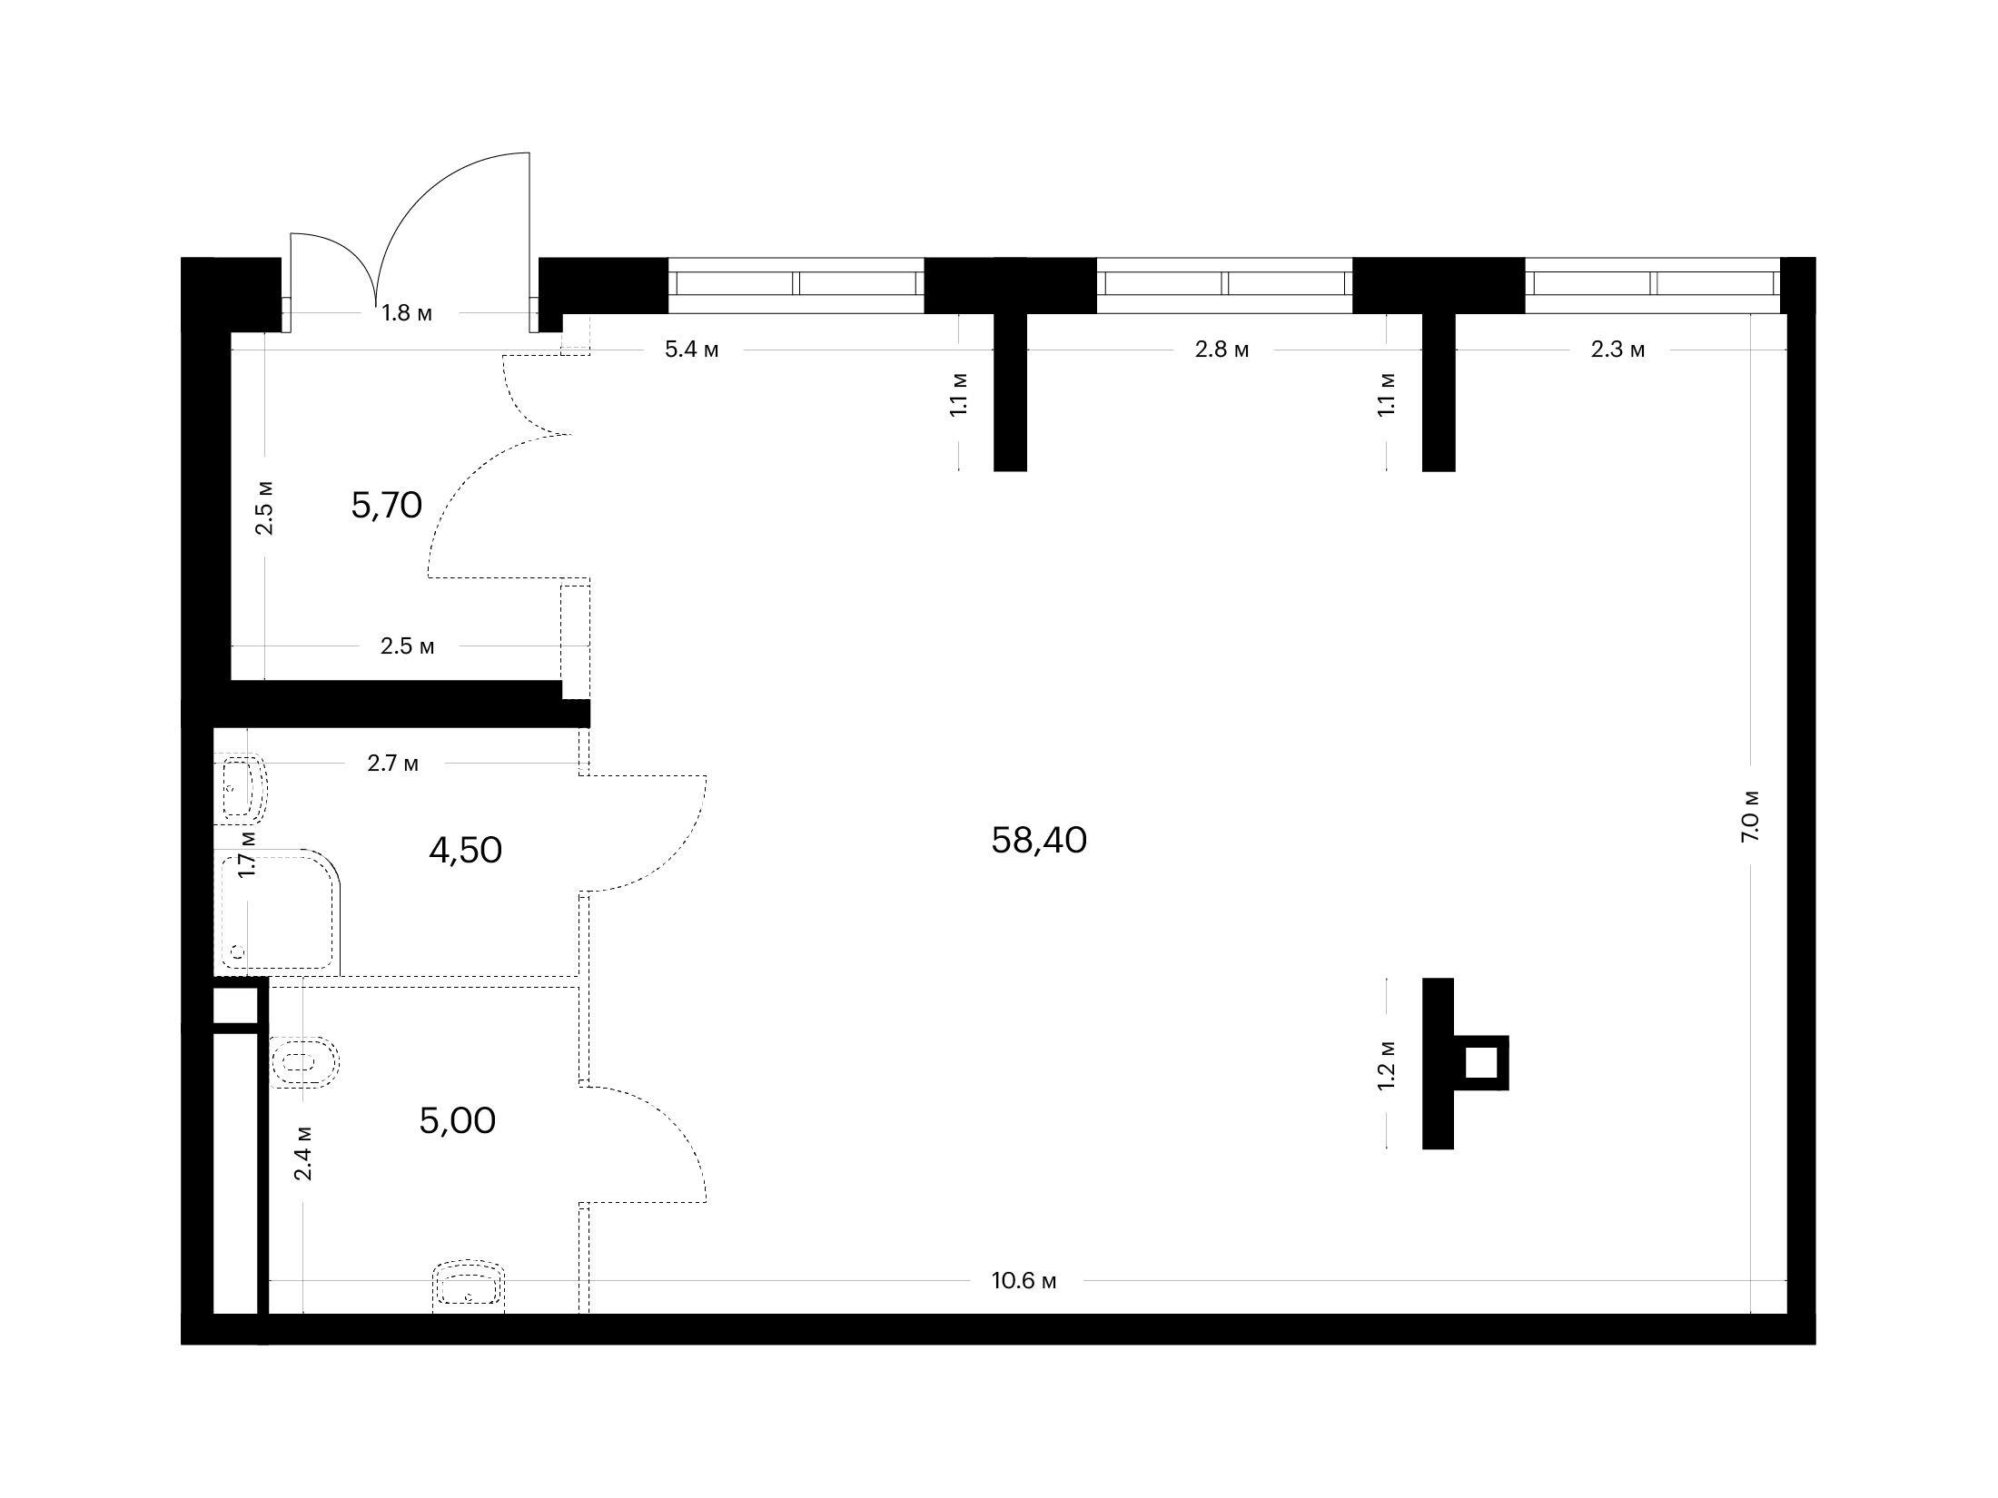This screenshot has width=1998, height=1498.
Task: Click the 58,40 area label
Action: click(1039, 841)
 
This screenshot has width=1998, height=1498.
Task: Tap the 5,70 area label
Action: click(387, 505)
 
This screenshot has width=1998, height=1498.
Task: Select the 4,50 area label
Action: click(465, 851)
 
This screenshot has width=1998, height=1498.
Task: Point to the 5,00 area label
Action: click(458, 1121)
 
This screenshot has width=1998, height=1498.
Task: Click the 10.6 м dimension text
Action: click(1024, 1281)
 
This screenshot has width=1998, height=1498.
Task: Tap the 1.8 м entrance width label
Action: click(407, 313)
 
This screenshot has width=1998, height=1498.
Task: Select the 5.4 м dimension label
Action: click(692, 350)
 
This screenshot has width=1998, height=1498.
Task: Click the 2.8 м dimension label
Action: click(1222, 350)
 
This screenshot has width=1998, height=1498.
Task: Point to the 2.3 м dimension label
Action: click(1618, 350)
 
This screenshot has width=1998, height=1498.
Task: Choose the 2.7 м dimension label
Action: click(393, 764)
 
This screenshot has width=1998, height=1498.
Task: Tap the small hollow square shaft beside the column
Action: click(1481, 1063)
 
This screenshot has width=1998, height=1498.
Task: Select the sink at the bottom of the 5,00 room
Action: click(469, 1286)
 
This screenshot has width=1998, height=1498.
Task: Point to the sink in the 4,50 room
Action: click(241, 787)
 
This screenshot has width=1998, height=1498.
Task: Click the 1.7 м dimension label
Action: click(246, 853)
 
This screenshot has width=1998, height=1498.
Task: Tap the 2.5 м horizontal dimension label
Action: click(407, 646)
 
